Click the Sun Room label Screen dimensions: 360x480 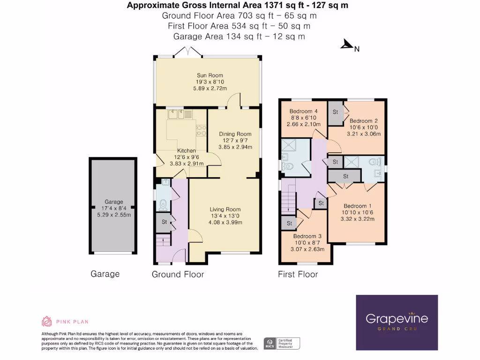click(x=210, y=75)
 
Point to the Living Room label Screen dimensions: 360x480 click(x=225, y=210)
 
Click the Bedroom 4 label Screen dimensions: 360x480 click(x=303, y=111)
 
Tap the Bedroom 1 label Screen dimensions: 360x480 click(x=358, y=206)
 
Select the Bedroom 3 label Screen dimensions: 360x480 click(x=307, y=236)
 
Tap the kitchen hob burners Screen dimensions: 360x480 click(x=201, y=130)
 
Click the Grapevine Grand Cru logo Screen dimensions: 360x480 click(x=397, y=322)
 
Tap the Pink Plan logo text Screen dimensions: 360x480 click(x=72, y=322)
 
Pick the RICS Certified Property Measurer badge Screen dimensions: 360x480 click(x=282, y=343)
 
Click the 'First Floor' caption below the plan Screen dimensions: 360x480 click(x=298, y=274)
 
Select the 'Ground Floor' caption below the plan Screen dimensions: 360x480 click(x=178, y=274)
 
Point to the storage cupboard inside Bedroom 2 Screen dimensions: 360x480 click(x=336, y=113)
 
